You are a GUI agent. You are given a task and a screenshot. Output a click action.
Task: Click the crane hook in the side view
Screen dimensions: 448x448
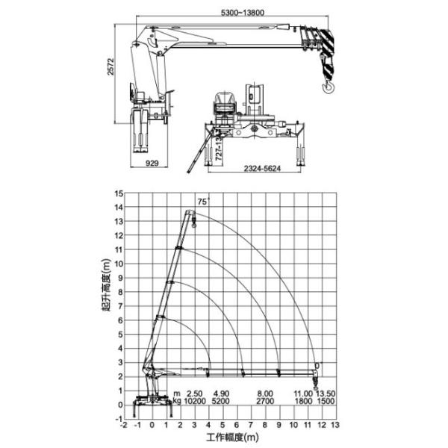pyautogui.click(x=326, y=89)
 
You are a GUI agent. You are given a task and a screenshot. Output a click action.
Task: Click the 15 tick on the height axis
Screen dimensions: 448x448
pyautogui.click(x=117, y=193)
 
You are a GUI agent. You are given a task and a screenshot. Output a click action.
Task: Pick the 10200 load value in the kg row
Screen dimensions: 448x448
pyautogui.click(x=195, y=401)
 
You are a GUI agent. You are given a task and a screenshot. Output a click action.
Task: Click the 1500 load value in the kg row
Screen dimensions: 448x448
pyautogui.click(x=326, y=401)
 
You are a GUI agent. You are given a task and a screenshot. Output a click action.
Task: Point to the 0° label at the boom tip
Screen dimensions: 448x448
pyautogui.click(x=317, y=365)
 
